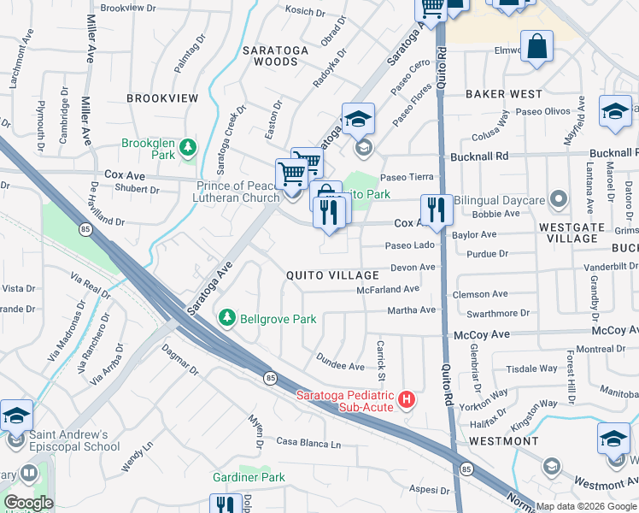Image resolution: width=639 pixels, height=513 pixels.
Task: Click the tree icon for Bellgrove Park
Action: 227,318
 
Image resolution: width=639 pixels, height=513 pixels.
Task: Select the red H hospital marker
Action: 407,399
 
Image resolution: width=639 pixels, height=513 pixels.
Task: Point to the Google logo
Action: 28,503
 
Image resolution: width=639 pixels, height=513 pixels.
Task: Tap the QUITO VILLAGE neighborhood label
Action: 332,275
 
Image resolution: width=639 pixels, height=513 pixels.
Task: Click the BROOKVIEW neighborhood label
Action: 162,98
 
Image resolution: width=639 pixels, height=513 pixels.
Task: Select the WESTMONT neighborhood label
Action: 503,441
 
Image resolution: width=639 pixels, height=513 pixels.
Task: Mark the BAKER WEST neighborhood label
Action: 504,94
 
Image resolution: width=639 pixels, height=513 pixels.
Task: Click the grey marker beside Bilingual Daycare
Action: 560,199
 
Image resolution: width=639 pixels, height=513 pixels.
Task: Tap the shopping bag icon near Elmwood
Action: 538,47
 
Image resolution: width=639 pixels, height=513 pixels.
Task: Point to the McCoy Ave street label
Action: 481,334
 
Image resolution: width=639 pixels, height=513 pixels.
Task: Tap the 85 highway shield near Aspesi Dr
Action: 466,469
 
